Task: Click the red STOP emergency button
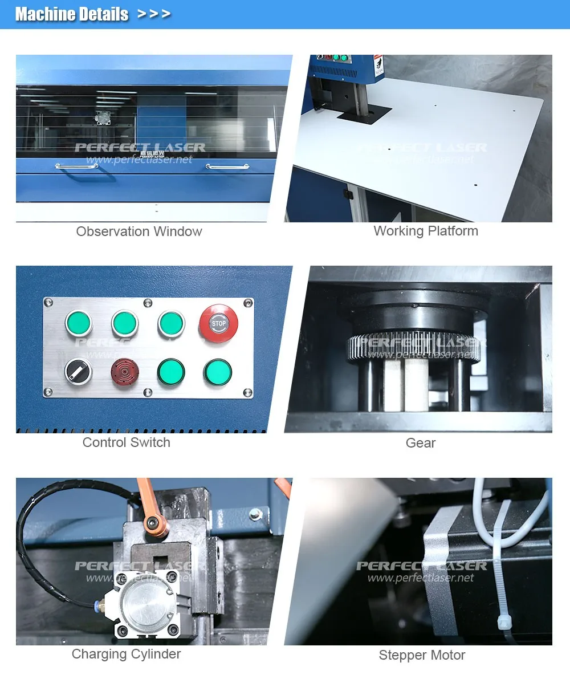(x=218, y=324)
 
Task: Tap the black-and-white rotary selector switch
(x=78, y=372)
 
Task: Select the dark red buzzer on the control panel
(x=124, y=372)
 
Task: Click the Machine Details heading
(x=72, y=14)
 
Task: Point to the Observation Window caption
(x=139, y=231)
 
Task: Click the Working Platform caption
(x=426, y=231)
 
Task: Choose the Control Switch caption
(x=126, y=442)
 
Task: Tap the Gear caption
(x=421, y=443)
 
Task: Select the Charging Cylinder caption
(x=126, y=654)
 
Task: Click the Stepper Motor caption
(x=422, y=655)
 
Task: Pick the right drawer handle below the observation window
(x=227, y=167)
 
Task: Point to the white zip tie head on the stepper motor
(x=504, y=621)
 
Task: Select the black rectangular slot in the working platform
(x=356, y=116)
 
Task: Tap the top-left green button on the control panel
(x=79, y=323)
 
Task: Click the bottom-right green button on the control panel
(x=217, y=372)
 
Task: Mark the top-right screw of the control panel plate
(x=247, y=303)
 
